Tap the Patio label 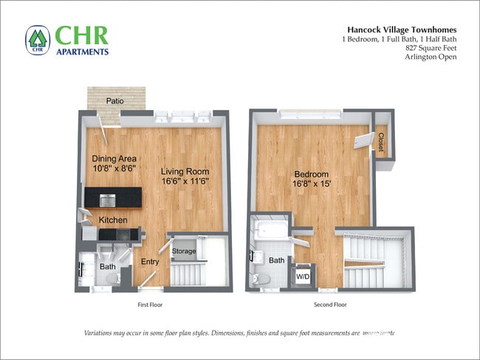pos(114,101)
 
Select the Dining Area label pos(114,158)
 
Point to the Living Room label pos(184,171)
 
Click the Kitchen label pos(114,220)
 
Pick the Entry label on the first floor pos(150,261)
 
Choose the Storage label pos(184,252)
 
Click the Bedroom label pos(309,174)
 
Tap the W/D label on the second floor pos(304,277)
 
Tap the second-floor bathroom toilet pos(259,280)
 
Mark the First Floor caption pos(150,304)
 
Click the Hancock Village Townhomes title pos(399,30)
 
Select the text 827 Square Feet pos(431,48)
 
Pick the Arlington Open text pos(430,58)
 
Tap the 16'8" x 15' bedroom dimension pos(309,184)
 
